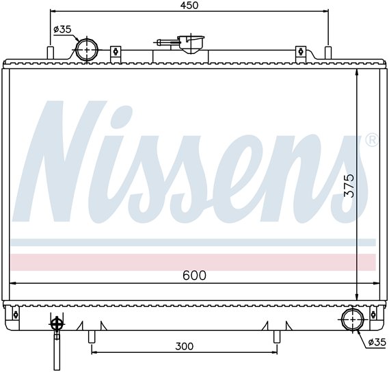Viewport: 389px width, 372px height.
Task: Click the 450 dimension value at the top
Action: pyautogui.click(x=189, y=5)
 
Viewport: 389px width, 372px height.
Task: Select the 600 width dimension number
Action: pyautogui.click(x=194, y=275)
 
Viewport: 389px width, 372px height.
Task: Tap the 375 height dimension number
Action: pyautogui.click(x=349, y=185)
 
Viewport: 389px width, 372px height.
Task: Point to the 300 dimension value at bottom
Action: pyautogui.click(x=184, y=346)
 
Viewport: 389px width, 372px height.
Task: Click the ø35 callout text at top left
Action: pyautogui.click(x=62, y=29)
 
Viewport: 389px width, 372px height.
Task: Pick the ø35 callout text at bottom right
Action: pyautogui.click(x=377, y=343)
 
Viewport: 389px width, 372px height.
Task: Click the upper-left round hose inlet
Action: pyautogui.click(x=87, y=50)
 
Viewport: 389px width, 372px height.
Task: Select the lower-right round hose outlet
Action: pyautogui.click(x=353, y=319)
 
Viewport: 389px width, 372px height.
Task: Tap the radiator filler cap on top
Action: pyautogui.click(x=191, y=44)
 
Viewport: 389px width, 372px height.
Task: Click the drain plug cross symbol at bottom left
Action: pyautogui.click(x=57, y=324)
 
